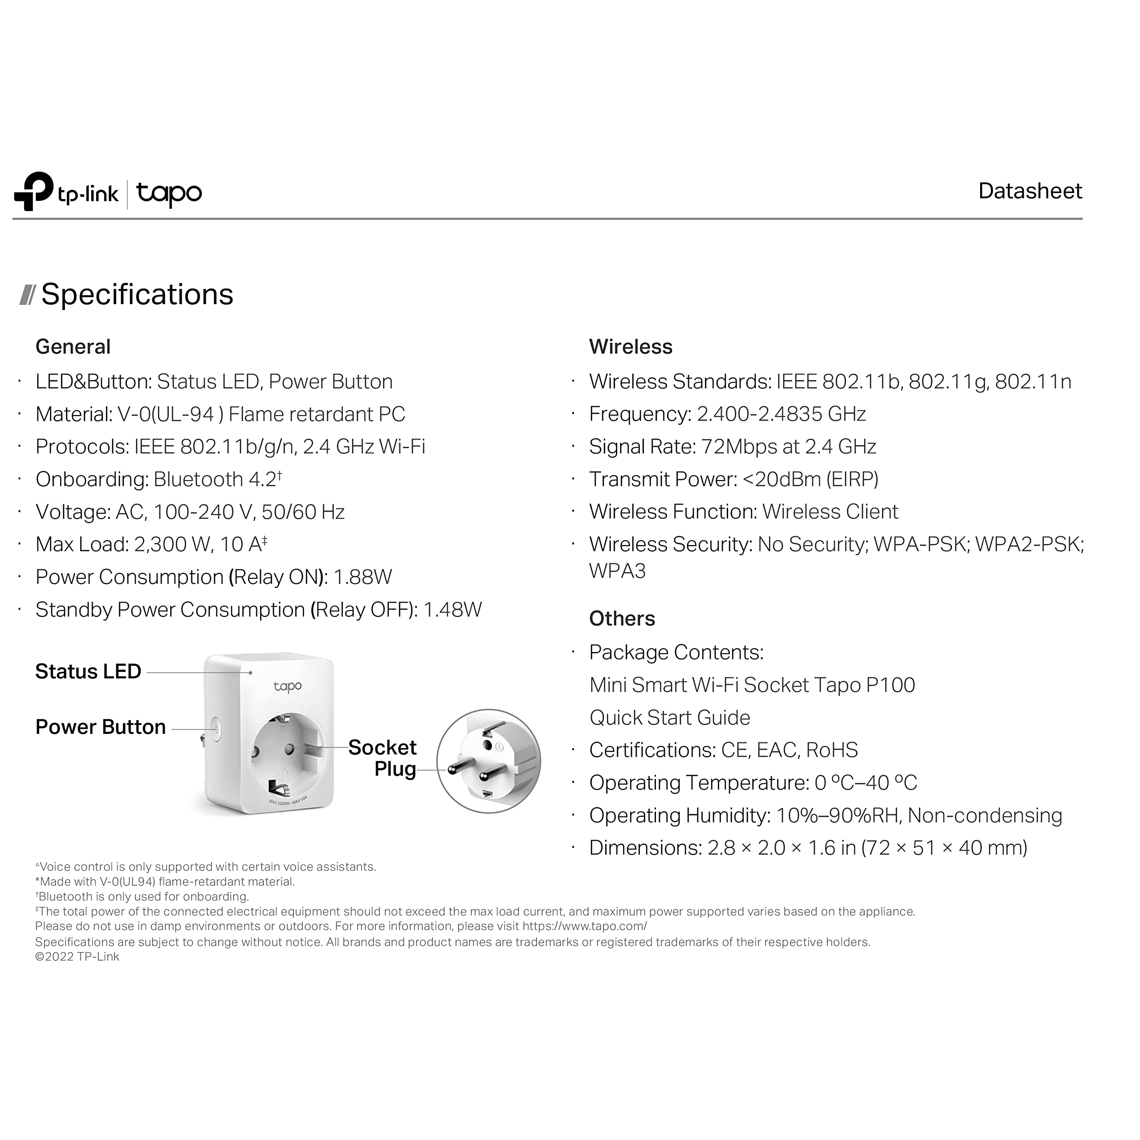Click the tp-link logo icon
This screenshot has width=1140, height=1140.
point(34,191)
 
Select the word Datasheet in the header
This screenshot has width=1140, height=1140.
point(1030,191)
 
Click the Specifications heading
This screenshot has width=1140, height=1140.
point(137,294)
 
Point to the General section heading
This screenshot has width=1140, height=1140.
point(73,346)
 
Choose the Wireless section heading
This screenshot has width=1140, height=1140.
point(630,346)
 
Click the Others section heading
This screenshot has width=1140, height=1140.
point(622,619)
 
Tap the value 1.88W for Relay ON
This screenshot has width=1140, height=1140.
point(362,577)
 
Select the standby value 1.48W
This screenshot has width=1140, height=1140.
point(452,610)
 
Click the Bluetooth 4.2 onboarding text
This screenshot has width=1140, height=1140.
point(216,479)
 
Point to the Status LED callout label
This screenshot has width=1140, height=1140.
point(88,672)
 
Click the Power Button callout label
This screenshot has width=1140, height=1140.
point(100,727)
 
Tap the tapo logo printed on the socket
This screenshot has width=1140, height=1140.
point(287,686)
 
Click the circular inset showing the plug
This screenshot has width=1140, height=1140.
point(489,761)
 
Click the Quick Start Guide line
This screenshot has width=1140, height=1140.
point(670,717)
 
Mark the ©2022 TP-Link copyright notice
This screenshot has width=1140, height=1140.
point(77,957)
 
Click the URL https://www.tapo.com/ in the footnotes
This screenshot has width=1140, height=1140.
point(584,926)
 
